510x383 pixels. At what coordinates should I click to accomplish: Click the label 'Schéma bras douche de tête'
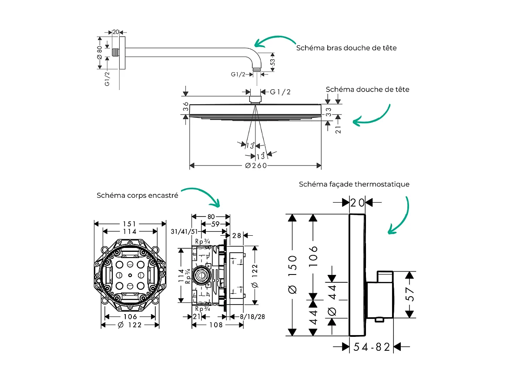click(346, 48)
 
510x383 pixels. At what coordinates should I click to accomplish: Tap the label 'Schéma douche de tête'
click(367, 89)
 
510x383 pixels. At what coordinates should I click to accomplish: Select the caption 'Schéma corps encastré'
click(137, 196)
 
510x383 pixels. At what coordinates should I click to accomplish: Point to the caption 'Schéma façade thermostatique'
click(354, 184)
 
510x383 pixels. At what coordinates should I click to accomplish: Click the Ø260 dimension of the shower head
click(255, 166)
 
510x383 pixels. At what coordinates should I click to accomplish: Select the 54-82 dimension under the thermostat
click(372, 347)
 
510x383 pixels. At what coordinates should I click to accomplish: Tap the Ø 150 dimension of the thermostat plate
click(293, 275)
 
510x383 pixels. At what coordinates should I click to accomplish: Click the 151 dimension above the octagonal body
click(130, 224)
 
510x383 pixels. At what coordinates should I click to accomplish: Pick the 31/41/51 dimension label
click(185, 231)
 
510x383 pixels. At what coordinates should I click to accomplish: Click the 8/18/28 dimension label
click(252, 317)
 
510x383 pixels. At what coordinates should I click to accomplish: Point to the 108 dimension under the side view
click(215, 325)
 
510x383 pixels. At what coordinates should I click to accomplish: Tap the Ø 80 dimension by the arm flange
click(100, 51)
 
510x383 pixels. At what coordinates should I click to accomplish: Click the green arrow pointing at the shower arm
click(274, 41)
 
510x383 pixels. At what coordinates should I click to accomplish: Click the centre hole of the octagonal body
click(130, 276)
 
